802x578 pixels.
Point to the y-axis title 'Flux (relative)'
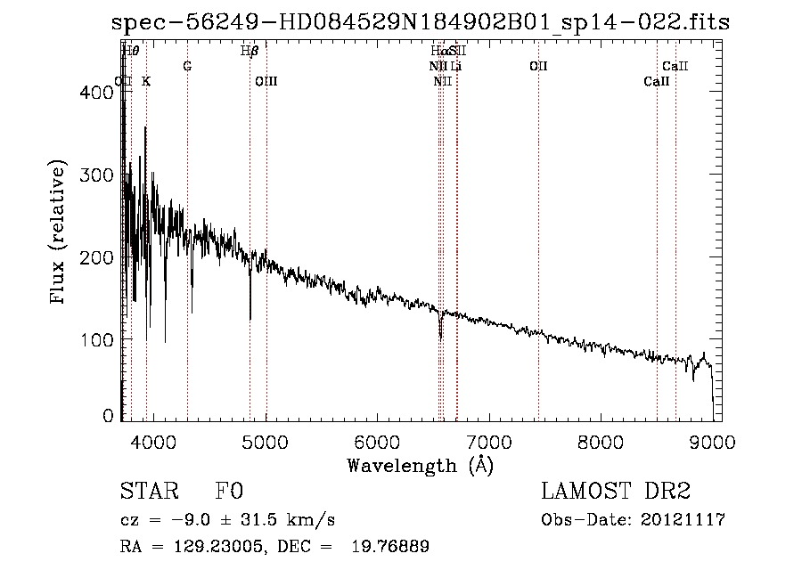pyautogui.click(x=60, y=233)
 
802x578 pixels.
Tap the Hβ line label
pyautogui.click(x=250, y=51)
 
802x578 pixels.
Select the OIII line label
pyautogui.click(x=266, y=81)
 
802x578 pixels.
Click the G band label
pyautogui.click(x=187, y=66)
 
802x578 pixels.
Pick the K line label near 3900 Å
pyautogui.click(x=146, y=81)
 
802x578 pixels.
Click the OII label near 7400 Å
pyautogui.click(x=538, y=66)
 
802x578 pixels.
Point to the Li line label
pyautogui.click(x=455, y=66)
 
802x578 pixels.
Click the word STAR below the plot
pyautogui.click(x=147, y=492)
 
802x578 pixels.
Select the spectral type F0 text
pyautogui.click(x=231, y=492)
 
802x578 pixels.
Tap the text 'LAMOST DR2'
pyautogui.click(x=616, y=492)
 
